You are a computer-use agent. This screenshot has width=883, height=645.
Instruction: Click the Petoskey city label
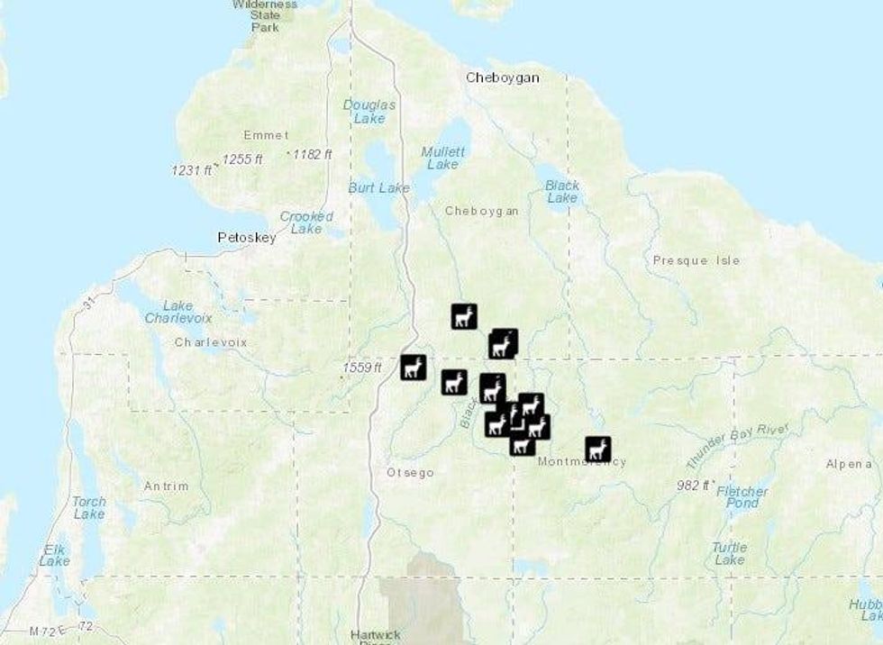click(x=247, y=238)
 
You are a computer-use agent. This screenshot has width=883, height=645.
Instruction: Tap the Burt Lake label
click(x=378, y=188)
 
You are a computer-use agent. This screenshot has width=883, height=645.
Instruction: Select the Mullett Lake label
click(x=443, y=158)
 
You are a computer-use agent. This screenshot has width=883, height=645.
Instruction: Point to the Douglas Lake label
click(x=369, y=111)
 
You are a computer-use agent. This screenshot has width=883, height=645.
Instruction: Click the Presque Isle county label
click(x=696, y=260)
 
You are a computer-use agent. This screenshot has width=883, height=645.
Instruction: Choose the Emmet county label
click(x=267, y=135)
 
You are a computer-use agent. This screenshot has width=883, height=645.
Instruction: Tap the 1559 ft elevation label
click(x=361, y=368)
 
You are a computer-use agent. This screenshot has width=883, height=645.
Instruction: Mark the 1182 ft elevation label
click(x=312, y=155)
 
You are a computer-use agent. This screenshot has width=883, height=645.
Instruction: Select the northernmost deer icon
click(x=464, y=316)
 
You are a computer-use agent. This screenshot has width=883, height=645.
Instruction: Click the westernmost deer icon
click(x=413, y=367)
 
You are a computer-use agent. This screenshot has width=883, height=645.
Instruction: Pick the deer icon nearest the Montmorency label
click(x=597, y=449)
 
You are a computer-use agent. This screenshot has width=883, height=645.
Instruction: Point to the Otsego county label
click(x=410, y=472)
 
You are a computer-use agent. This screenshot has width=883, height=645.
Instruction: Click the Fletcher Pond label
click(x=742, y=497)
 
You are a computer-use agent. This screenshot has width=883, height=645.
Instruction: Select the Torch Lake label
click(x=89, y=507)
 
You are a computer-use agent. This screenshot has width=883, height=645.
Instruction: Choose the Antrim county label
click(x=167, y=486)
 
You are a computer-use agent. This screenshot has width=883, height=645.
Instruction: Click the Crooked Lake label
click(x=306, y=223)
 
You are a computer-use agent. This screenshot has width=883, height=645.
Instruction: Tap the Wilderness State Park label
click(x=265, y=15)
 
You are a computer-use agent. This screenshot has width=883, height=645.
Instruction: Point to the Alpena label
click(x=848, y=464)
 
